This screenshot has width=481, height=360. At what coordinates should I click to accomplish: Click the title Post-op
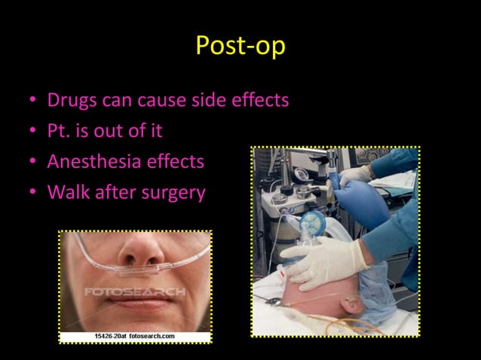coord(240,46)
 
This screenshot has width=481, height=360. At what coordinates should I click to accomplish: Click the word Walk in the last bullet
coord(66,192)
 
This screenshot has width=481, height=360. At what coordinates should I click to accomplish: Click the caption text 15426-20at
coord(109,336)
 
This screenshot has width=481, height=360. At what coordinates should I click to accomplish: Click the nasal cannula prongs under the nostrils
coord(139,267)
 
